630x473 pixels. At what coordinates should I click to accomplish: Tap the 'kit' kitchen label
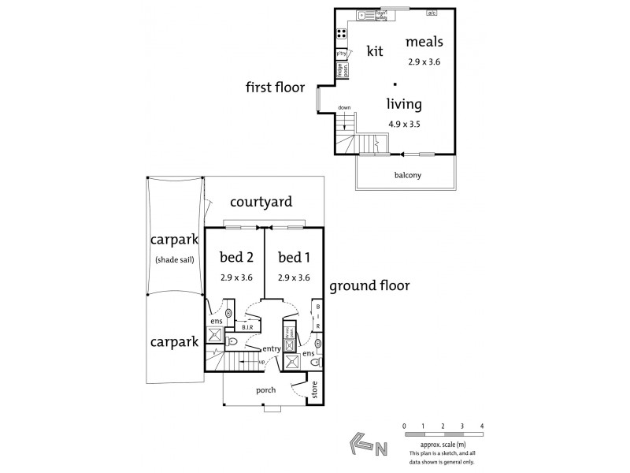point(375,51)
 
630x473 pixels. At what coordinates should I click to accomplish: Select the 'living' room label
point(404,104)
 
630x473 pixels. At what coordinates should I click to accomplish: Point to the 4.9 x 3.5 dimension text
point(405,125)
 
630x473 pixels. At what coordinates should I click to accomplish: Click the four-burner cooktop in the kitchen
point(343,34)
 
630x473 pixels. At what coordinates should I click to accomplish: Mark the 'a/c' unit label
point(432,13)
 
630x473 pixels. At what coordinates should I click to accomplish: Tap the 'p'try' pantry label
point(343,54)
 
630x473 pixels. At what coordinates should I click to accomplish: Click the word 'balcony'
point(407,175)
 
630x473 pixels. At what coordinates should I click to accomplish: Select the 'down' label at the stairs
point(344,108)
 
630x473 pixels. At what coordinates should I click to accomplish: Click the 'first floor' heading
point(275,88)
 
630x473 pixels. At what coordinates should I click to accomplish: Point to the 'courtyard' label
point(261,203)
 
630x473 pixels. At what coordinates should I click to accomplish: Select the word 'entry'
point(272,348)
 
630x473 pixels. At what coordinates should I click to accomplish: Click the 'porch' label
point(265,390)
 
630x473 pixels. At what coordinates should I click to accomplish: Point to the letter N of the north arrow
point(381,450)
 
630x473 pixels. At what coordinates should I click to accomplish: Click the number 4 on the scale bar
point(481,426)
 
